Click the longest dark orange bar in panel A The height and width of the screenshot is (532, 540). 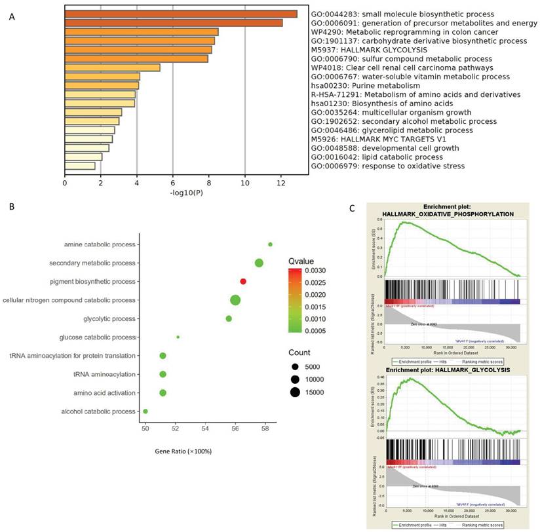coord(180,14)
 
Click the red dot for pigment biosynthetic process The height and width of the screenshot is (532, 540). coord(243,282)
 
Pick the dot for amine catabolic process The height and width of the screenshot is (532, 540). coord(270,244)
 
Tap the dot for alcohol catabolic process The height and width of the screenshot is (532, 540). coord(145,411)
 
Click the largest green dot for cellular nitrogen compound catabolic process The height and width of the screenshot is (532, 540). coord(235,300)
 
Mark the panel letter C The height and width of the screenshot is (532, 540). coord(353,208)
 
